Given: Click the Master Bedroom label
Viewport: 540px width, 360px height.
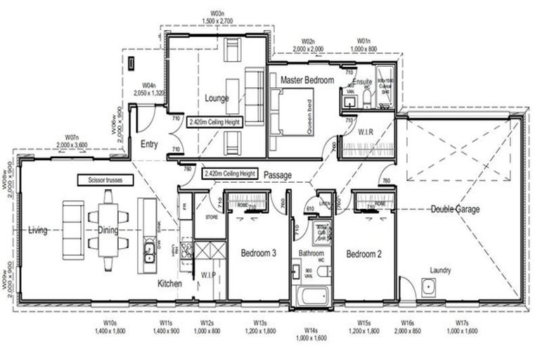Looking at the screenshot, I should (x=307, y=81).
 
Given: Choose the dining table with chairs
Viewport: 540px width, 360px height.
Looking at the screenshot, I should (x=108, y=229).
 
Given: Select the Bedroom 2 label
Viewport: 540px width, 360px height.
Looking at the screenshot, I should (x=364, y=254).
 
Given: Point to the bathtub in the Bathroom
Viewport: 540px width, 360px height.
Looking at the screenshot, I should (x=311, y=298).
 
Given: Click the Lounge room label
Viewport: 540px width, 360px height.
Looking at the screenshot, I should (x=217, y=98).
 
